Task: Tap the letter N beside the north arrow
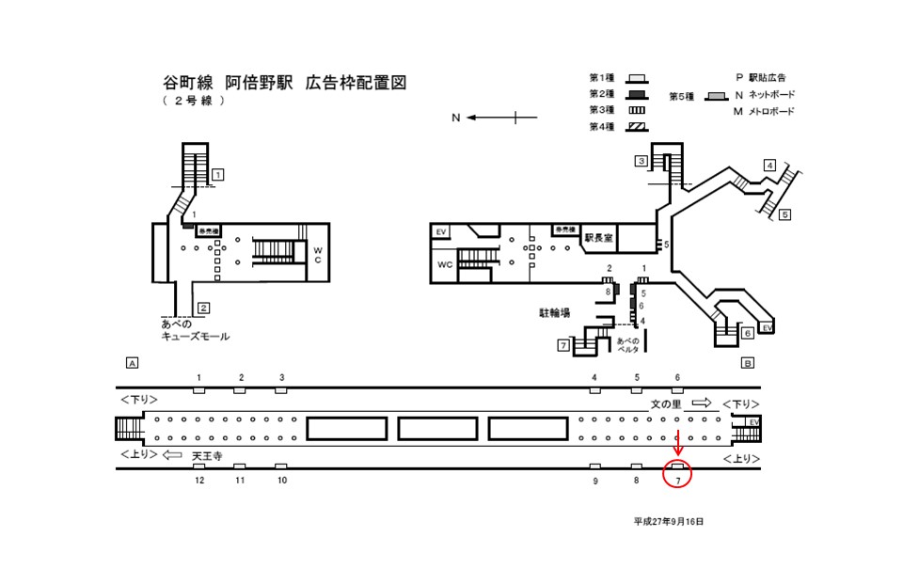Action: tap(455, 118)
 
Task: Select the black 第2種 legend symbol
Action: tap(636, 94)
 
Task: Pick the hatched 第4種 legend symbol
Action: tap(636, 127)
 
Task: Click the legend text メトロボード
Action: tap(771, 112)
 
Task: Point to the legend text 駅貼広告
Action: tap(768, 77)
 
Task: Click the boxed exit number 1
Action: tap(217, 174)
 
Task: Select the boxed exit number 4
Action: tap(768, 166)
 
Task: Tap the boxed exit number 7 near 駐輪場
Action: tap(562, 346)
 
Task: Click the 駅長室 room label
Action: tap(597, 238)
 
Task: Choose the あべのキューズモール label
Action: tap(195, 330)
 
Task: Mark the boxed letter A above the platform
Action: tap(132, 362)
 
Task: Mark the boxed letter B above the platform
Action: tap(748, 362)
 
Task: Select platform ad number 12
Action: tap(199, 481)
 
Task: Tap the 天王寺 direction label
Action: tap(206, 456)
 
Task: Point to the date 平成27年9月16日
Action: tap(669, 520)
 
